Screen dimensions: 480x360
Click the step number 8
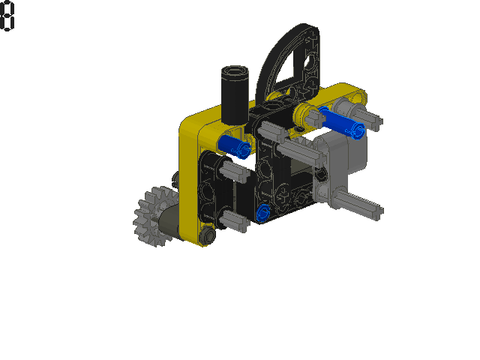point(7,15)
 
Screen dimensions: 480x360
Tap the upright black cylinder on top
point(235,95)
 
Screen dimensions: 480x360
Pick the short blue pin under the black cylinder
point(235,146)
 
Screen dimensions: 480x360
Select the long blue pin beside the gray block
point(341,121)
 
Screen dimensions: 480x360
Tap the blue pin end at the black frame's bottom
point(263,212)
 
